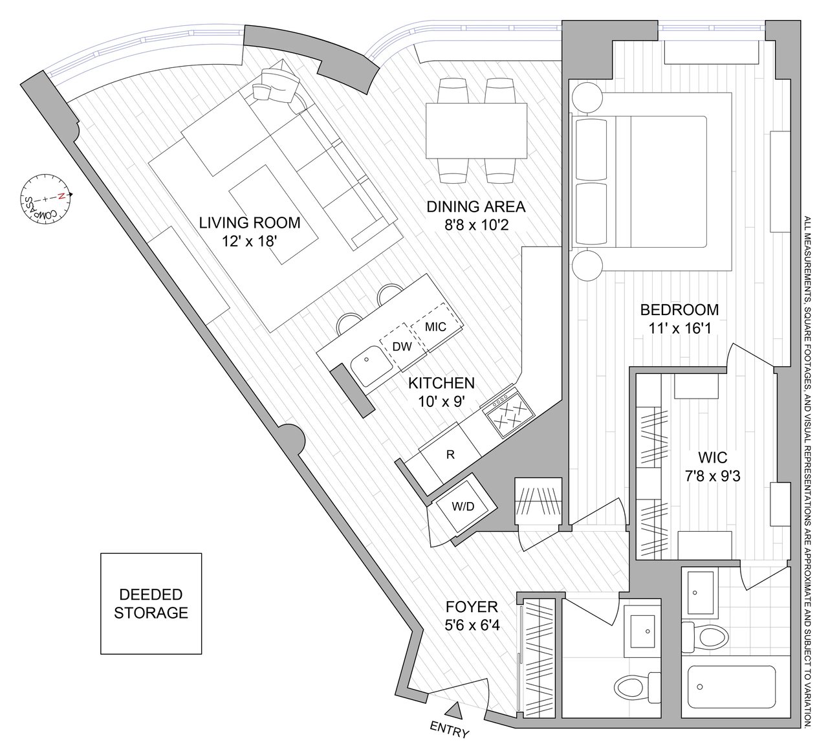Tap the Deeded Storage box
point(151,603)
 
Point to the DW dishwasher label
point(402,347)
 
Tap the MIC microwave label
point(435,327)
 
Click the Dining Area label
point(475,207)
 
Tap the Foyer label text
point(472,607)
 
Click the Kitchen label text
point(441,383)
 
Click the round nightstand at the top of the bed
point(585,99)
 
